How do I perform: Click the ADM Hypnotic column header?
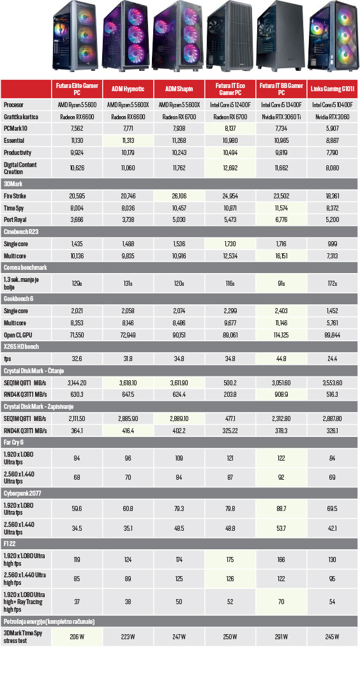point(128,89)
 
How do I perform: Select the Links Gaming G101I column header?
point(333,89)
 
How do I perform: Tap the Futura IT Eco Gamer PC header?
point(230,89)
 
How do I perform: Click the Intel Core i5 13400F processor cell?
point(281,105)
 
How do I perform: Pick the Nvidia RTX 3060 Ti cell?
point(281,117)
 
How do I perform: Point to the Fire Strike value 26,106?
point(179,196)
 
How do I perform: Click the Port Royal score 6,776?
point(281,219)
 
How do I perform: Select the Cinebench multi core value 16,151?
point(281,255)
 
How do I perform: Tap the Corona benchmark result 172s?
point(333,283)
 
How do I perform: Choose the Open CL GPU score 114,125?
point(281,335)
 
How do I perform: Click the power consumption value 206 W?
point(77,637)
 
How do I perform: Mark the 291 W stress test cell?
point(281,637)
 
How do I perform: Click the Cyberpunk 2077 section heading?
point(22,493)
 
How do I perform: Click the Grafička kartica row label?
point(21,117)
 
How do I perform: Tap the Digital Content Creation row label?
point(20,168)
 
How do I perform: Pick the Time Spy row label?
point(13,207)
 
